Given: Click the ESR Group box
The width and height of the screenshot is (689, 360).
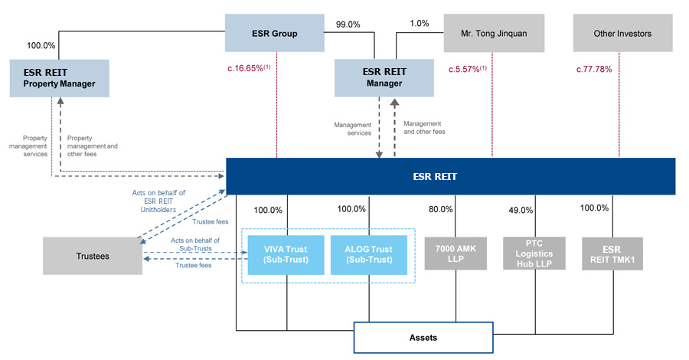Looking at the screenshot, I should [275, 34].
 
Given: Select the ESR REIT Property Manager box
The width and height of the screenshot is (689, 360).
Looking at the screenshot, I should [58, 77].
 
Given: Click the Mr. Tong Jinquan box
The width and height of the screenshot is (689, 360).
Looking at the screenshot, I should [497, 34].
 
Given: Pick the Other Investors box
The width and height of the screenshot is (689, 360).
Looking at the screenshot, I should [623, 34].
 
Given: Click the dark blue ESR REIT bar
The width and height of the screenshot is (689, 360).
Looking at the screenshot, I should [450, 176].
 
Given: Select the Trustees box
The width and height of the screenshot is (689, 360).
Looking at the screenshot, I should [93, 256].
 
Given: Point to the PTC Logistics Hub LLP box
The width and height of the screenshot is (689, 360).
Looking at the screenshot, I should [534, 253].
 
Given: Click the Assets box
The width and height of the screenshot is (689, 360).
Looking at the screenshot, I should [423, 336].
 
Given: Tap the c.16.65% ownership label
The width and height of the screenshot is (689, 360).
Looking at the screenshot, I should [249, 70].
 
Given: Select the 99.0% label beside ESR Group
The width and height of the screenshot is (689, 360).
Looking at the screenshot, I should [349, 25].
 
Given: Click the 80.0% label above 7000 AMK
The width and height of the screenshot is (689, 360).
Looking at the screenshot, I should [441, 209].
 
